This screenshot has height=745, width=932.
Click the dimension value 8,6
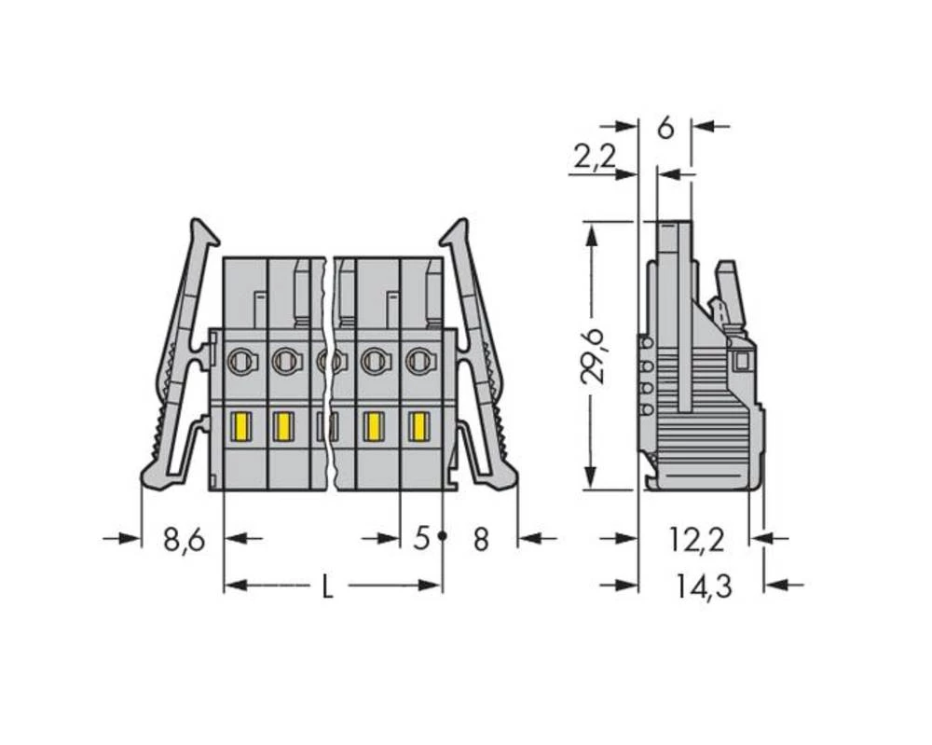184,539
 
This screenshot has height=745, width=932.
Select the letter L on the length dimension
327,587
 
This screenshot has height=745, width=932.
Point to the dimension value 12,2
696,539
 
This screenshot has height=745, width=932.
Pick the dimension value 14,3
704,587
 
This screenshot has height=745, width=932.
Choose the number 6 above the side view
665,128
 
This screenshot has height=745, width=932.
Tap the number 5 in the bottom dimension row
421,539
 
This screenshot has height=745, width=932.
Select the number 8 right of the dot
480,539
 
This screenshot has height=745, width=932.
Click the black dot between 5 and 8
443,537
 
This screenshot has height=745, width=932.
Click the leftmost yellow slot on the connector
239,427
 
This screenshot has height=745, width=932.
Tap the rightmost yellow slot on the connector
419,427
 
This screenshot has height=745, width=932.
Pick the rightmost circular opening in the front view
419,359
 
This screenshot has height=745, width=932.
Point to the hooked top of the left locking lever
202,232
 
